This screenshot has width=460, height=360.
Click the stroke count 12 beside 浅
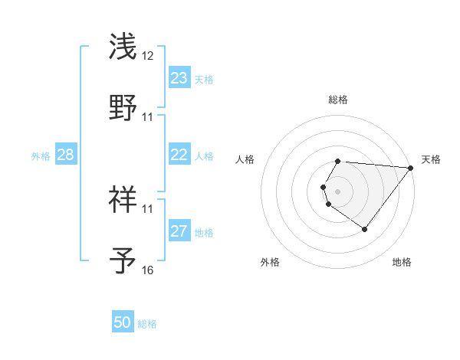point(148,56)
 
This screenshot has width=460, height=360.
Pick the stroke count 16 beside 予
point(148,270)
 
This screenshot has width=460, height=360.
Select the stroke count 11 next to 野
point(148,116)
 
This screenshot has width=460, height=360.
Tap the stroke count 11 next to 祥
point(148,208)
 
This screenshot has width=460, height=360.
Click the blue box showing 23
point(179,78)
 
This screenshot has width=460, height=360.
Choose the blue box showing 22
point(179,155)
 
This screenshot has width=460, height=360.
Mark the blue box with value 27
point(179,231)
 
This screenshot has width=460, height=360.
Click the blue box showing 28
point(66,155)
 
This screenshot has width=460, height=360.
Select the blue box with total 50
point(123,322)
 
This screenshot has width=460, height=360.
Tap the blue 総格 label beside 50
point(147,324)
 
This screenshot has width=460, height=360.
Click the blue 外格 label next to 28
point(41,155)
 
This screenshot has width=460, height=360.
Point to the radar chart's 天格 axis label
point(431,159)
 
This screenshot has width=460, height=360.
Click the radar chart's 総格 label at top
point(338,100)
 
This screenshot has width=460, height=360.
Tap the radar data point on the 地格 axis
point(365,229)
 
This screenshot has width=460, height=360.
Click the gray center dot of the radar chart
point(338,191)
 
